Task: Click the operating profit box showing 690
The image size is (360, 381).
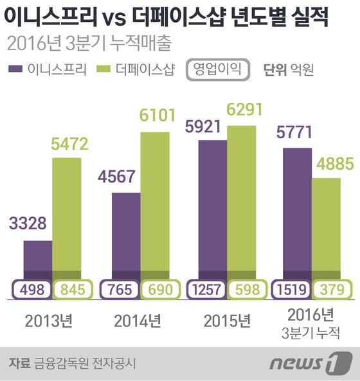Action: [156, 290]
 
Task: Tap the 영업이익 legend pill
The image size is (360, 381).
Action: [217, 68]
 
